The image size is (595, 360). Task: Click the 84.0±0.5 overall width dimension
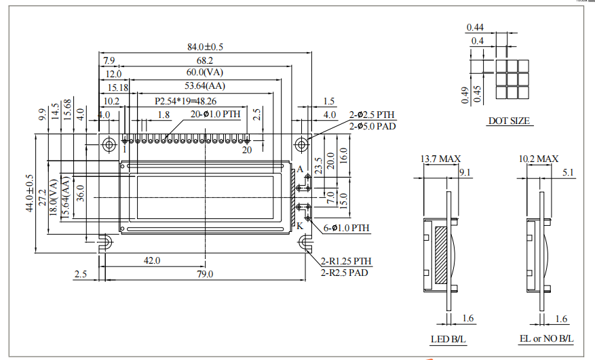point(205,47)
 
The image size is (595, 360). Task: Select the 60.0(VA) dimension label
point(205,73)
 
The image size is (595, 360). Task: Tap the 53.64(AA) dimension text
point(205,86)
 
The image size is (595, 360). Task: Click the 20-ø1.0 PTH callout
point(215,114)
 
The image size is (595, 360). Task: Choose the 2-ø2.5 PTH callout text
point(371,115)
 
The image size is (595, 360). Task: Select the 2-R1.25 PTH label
point(346,261)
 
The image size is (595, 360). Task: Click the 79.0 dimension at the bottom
point(205,274)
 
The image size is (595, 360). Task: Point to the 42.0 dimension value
point(152,260)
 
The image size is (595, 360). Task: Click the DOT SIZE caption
point(510,121)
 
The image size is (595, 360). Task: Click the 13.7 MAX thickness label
point(440,159)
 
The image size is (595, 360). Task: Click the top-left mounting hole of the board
point(108,144)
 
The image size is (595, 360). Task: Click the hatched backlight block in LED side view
point(441,255)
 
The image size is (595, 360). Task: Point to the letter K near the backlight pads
point(299,226)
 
